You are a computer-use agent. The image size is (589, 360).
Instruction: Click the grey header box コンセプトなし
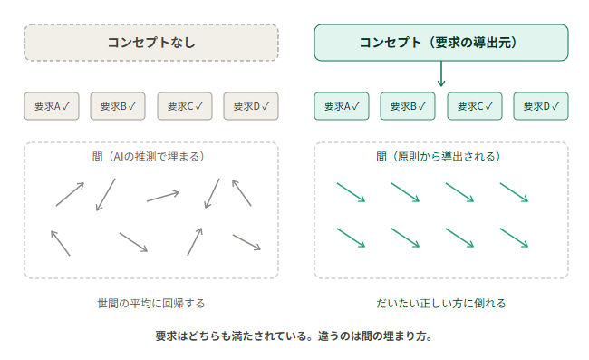click(151, 43)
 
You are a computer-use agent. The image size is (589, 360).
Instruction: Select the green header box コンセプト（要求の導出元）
click(441, 43)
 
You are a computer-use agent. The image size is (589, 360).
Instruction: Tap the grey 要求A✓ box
click(52, 106)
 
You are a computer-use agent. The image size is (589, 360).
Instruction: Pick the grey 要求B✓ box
click(118, 106)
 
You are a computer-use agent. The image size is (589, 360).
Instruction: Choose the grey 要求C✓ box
click(185, 106)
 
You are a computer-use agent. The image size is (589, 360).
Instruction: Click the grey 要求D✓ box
click(251, 106)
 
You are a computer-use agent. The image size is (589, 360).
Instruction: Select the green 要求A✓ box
click(342, 106)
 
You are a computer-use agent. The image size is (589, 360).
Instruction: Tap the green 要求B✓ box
click(408, 106)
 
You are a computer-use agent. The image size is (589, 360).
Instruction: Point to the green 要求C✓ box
click(475, 106)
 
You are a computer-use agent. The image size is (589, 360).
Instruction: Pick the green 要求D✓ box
click(541, 106)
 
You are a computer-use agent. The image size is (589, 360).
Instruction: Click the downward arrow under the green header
click(441, 73)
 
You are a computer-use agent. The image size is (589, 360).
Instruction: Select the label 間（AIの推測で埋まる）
click(149, 156)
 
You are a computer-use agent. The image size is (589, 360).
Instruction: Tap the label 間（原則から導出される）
click(439, 156)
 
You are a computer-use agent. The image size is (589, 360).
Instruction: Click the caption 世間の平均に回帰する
click(151, 303)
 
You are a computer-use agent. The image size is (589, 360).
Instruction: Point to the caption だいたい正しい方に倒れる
click(441, 303)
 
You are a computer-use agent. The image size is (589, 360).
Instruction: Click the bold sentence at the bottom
click(294, 336)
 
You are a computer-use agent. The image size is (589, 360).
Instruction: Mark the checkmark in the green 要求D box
click(555, 106)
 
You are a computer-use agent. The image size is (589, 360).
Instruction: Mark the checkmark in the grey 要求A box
click(66, 106)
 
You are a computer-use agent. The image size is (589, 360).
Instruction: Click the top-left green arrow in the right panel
click(351, 192)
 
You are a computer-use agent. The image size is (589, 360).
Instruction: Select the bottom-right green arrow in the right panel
click(514, 238)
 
